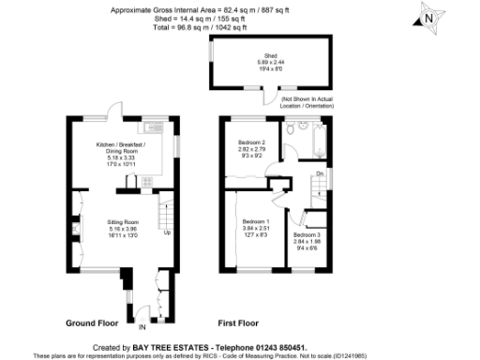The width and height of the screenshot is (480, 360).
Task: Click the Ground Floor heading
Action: point(91,322)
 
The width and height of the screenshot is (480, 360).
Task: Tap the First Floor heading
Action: point(238,322)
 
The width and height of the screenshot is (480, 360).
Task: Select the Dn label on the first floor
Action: point(319,174)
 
